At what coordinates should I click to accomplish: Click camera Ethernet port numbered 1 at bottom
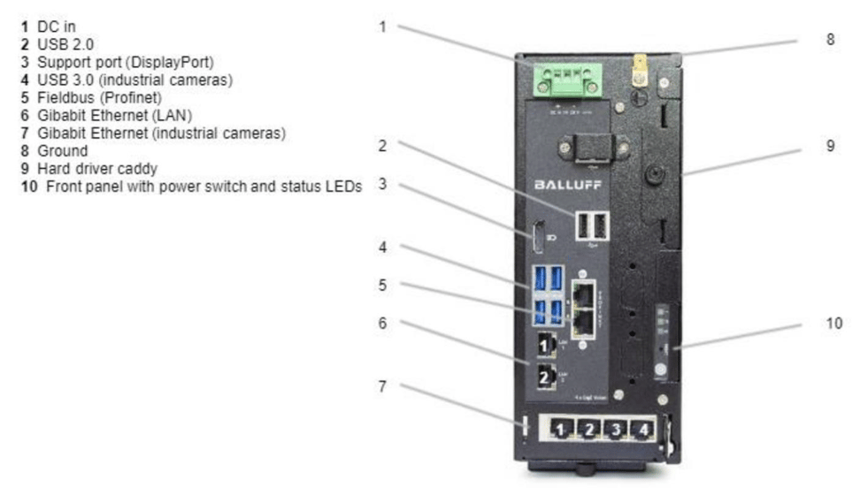(560, 430)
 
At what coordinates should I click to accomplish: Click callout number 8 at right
(829, 40)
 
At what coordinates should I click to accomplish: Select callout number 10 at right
(833, 324)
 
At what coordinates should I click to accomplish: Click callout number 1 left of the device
(382, 27)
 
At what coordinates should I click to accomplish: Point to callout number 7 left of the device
(382, 385)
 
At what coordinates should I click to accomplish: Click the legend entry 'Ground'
(62, 151)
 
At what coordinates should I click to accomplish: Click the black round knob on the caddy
(655, 174)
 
